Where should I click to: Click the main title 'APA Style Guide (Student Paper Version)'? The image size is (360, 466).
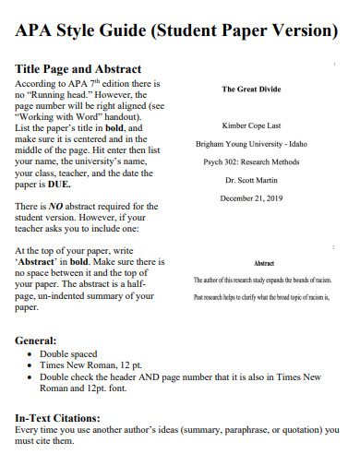177,30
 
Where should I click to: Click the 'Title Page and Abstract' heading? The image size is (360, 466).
78,69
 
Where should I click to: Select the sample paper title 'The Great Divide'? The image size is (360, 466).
251,90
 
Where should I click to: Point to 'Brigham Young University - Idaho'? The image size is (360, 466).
251,144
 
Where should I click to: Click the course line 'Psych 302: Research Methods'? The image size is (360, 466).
251,161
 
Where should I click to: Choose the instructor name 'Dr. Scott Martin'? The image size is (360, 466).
251,179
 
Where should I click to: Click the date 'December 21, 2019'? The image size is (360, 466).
251,197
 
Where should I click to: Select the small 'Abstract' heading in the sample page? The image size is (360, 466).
264,263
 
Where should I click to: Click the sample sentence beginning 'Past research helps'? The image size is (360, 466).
262,298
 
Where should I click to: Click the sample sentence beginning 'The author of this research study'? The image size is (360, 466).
262,280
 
